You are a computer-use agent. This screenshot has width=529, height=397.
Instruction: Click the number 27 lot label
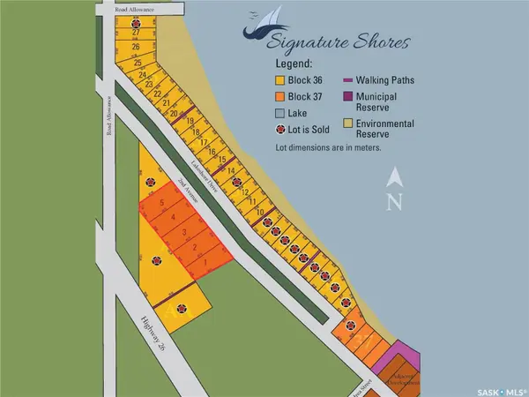click(137, 32)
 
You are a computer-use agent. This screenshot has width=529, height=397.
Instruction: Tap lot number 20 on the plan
click(175, 114)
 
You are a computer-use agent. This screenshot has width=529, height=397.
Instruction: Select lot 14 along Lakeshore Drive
click(231, 170)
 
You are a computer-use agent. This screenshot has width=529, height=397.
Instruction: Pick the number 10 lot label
click(260, 213)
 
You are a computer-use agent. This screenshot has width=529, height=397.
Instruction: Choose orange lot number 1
click(205, 262)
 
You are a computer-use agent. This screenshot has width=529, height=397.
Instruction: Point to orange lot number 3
click(184, 232)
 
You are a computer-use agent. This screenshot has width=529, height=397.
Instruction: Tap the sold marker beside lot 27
click(135, 21)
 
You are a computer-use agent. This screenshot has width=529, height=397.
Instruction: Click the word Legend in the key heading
click(296, 64)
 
